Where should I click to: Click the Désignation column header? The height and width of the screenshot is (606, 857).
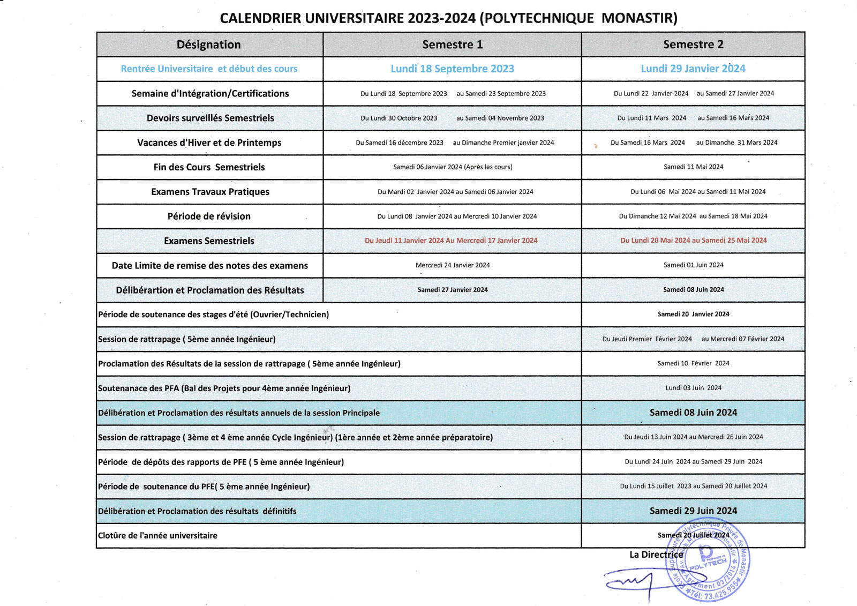(x=209, y=44)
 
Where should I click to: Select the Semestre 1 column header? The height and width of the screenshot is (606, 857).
(x=452, y=44)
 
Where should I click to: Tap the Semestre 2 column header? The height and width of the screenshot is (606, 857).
(x=693, y=44)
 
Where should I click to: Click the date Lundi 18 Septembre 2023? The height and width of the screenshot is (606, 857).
(x=452, y=69)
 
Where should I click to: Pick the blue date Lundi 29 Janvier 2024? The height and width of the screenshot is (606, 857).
(x=693, y=69)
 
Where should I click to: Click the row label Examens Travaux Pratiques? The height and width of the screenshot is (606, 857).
(x=210, y=192)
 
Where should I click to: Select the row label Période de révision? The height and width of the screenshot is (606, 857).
(x=209, y=216)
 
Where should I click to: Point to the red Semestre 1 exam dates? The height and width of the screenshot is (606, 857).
(x=451, y=241)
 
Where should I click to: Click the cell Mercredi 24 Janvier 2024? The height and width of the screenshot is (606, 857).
(x=453, y=265)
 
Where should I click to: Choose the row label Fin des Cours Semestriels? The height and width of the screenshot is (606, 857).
(x=209, y=167)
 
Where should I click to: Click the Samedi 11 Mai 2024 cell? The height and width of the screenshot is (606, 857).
(x=693, y=167)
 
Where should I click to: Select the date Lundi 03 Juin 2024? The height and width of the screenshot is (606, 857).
(x=693, y=388)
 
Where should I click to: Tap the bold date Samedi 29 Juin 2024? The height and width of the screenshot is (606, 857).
(x=693, y=511)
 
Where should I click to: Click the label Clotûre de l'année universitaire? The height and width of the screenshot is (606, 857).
(x=157, y=536)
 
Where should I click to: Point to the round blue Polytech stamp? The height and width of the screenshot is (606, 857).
(x=708, y=560)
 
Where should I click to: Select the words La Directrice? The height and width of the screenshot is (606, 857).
(x=656, y=555)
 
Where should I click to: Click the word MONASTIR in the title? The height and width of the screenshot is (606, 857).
(x=639, y=18)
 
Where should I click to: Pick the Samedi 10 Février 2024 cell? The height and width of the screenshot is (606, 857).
(x=693, y=363)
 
